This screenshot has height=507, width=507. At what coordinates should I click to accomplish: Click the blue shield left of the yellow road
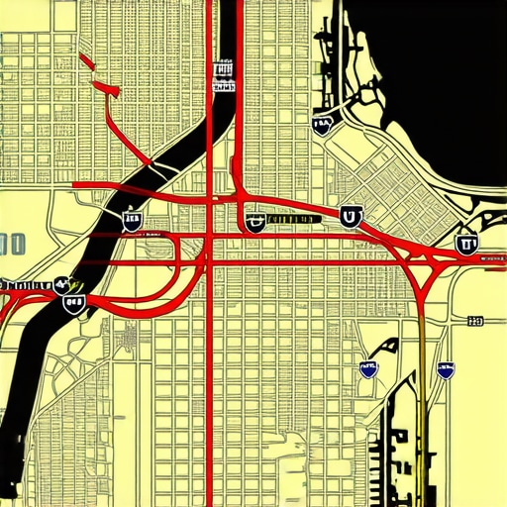click(368, 369)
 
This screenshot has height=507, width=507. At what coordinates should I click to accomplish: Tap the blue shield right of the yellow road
click(447, 370)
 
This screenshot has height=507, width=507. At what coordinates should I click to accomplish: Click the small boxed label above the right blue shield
click(474, 320)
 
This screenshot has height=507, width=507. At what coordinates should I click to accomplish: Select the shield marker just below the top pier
click(323, 124)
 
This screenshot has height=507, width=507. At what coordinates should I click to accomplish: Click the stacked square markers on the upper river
click(223, 72)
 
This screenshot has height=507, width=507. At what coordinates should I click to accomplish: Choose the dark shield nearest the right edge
click(465, 241)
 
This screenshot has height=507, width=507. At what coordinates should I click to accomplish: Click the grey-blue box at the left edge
click(12, 243)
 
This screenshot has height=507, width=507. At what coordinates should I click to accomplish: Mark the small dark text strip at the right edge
click(492, 257)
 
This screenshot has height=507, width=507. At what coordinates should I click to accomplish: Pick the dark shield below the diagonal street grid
click(350, 215)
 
